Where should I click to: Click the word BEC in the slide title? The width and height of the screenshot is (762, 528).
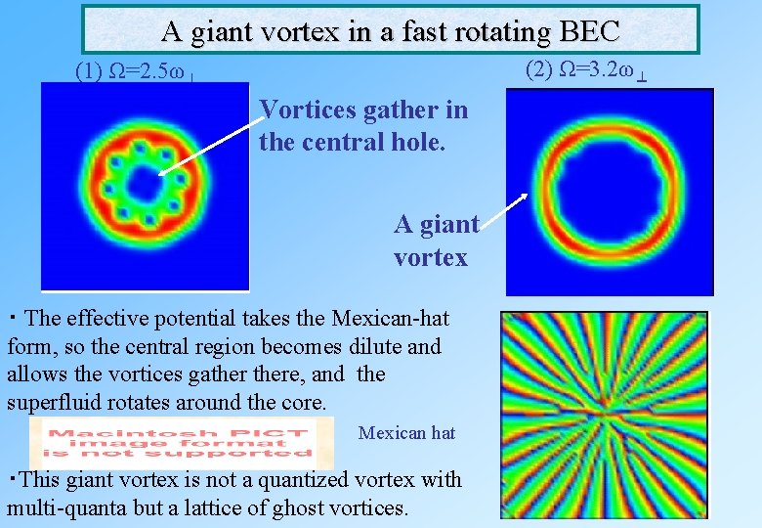(590, 31)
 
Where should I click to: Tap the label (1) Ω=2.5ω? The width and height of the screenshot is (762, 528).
(136, 72)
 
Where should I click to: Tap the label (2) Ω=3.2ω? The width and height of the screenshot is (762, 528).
(584, 70)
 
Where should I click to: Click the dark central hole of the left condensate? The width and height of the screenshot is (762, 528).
(143, 184)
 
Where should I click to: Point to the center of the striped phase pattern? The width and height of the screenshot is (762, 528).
(604, 416)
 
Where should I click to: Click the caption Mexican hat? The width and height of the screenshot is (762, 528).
(406, 432)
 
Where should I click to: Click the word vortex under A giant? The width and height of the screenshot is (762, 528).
(431, 258)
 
